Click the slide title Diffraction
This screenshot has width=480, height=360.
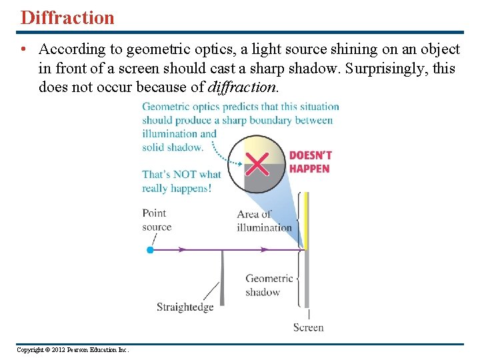tap(67, 17)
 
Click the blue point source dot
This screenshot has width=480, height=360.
tap(150, 250)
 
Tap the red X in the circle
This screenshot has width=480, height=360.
tap(257, 163)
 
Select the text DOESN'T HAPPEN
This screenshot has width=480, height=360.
tap(310, 162)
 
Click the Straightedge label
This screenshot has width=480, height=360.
tap(185, 307)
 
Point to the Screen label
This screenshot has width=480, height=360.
tap(308, 327)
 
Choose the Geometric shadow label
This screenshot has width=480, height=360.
tap(269, 285)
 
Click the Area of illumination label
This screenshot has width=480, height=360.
tap(264, 221)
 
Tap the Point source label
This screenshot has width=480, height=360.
tap(157, 220)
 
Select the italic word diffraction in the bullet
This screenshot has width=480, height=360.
tap(242, 87)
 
